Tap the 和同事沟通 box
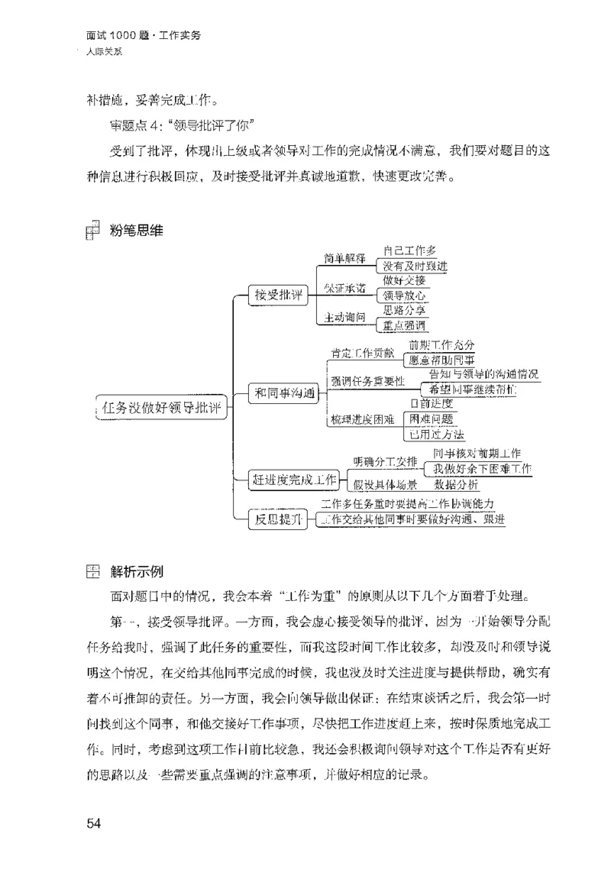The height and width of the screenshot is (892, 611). pos(285,393)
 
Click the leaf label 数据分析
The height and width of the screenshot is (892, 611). pos(457,484)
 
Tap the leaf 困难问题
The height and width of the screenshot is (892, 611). pos(432,419)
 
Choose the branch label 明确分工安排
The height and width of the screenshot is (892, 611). pos(385,462)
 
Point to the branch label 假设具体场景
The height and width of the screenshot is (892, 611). pos(385,485)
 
